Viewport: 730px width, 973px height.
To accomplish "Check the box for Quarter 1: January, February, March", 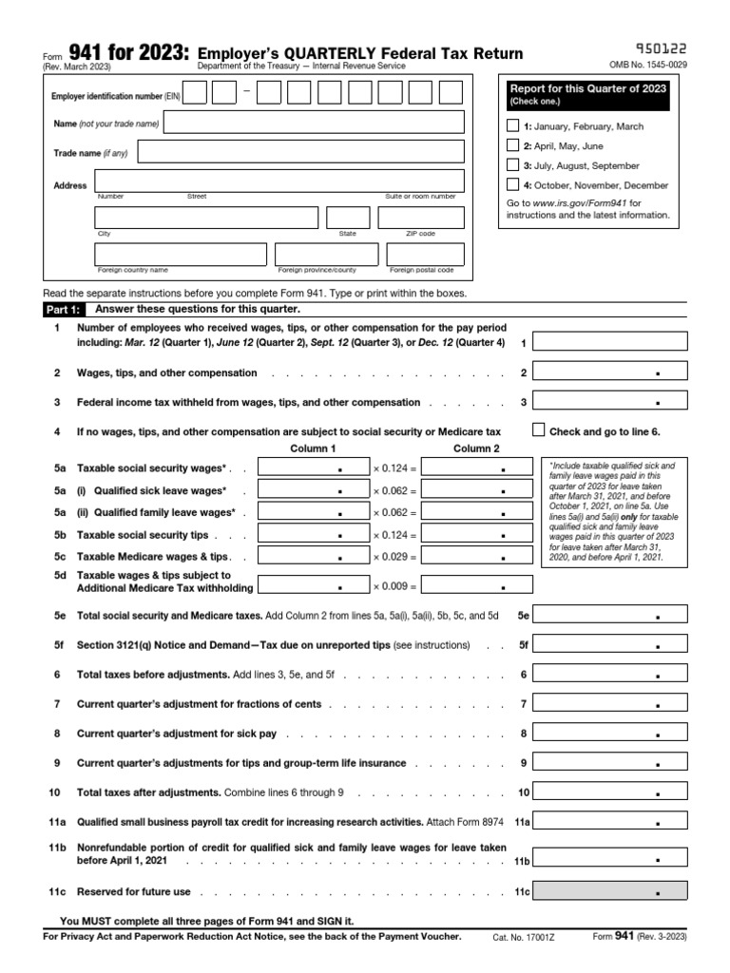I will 513,125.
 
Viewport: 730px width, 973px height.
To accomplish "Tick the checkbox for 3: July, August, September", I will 513,165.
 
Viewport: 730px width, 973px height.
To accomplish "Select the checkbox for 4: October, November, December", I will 513,185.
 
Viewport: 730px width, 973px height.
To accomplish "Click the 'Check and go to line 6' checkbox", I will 539,429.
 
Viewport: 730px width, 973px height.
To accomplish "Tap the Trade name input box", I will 300,152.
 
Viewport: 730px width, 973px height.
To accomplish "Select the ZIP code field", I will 420,218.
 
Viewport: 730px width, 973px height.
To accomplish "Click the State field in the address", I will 348,218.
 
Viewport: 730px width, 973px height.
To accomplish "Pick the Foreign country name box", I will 181,254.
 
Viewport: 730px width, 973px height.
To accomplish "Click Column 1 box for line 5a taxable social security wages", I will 313,467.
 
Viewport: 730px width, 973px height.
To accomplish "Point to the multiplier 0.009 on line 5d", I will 394,586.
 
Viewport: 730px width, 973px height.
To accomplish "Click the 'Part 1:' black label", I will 64,310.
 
